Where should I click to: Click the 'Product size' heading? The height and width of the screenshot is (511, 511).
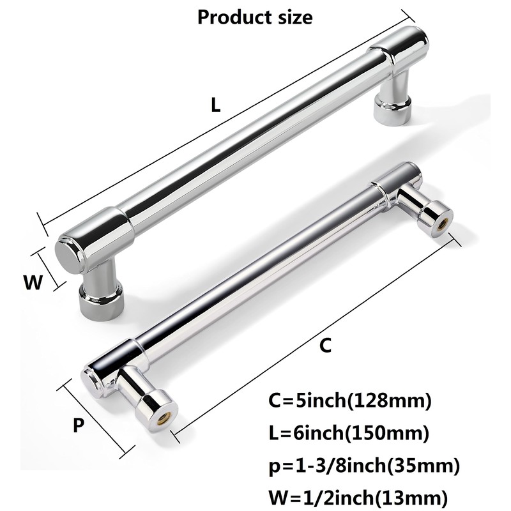click(x=255, y=17)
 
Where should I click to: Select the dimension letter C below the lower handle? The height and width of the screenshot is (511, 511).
click(x=325, y=346)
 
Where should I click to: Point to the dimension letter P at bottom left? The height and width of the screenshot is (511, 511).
click(x=78, y=425)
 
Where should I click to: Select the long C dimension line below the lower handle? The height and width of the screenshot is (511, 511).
click(x=316, y=332)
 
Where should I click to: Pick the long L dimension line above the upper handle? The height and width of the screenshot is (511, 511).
click(x=224, y=115)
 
